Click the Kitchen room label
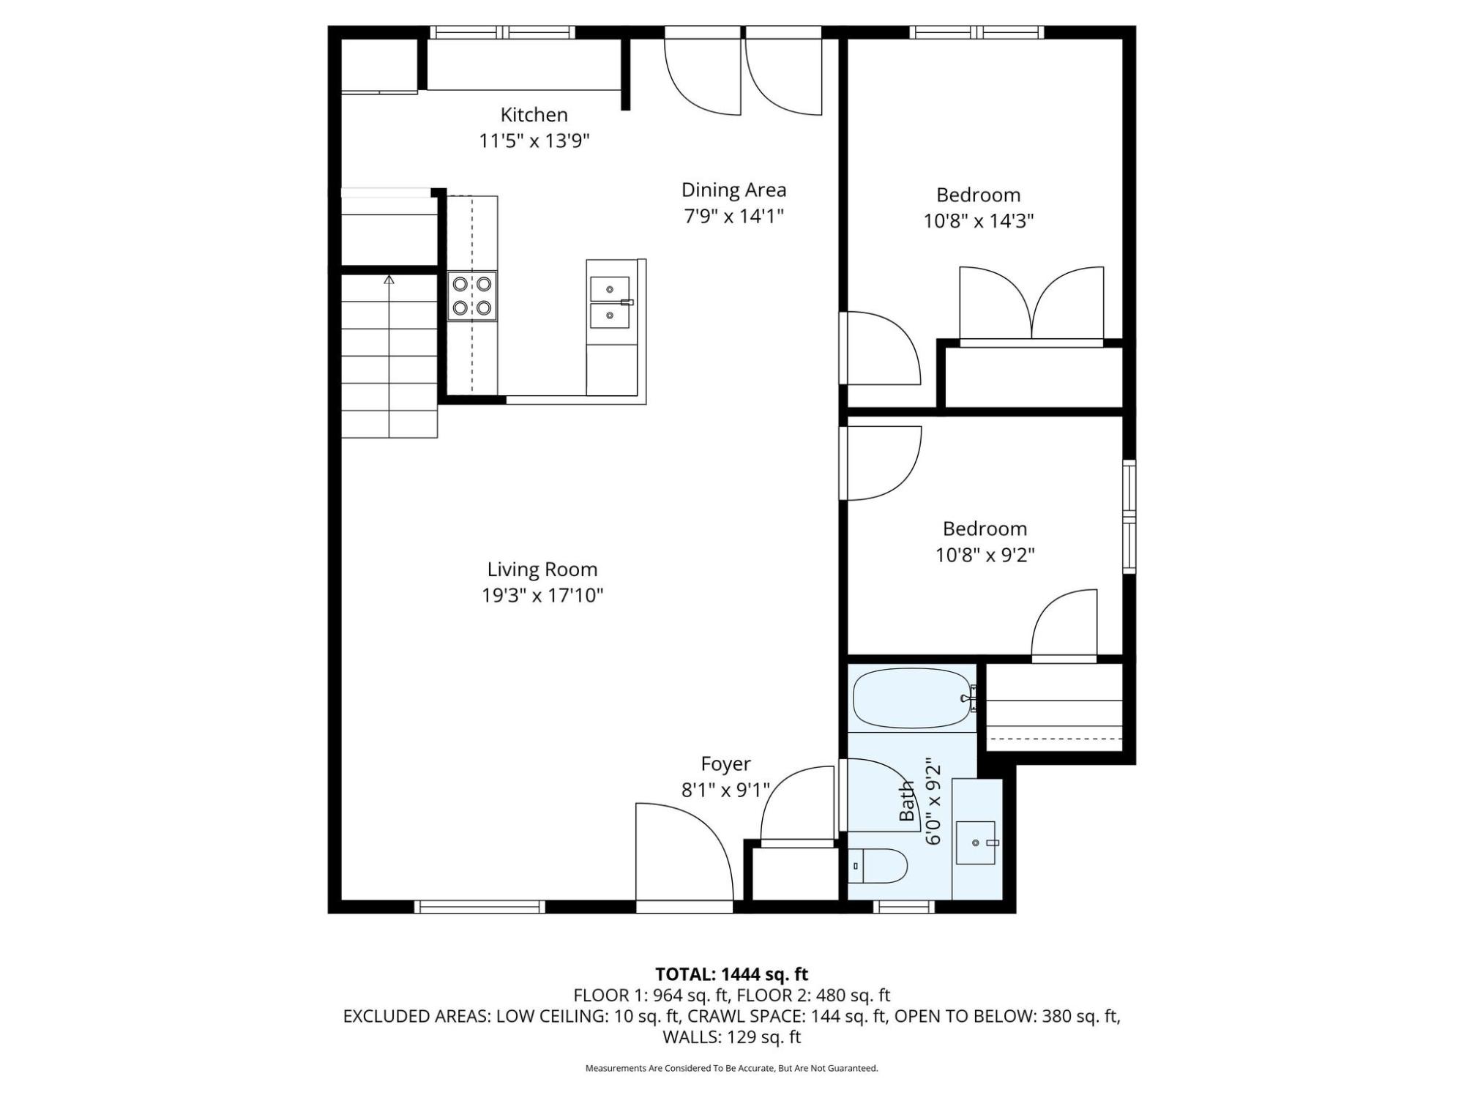coord(534,115)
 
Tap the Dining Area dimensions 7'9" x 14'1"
coord(733,217)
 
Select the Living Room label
coord(542,569)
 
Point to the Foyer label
coord(725,764)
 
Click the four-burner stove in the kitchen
coord(472,296)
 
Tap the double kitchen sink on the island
coord(610,302)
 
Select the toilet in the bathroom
coord(878,867)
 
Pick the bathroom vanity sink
coord(976,843)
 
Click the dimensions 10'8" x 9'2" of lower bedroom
coord(985,555)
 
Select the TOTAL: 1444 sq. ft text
coord(731,974)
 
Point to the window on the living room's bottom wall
coord(480,907)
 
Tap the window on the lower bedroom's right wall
coord(1129,516)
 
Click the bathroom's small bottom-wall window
coord(904,907)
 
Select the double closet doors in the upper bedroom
coord(1031,306)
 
